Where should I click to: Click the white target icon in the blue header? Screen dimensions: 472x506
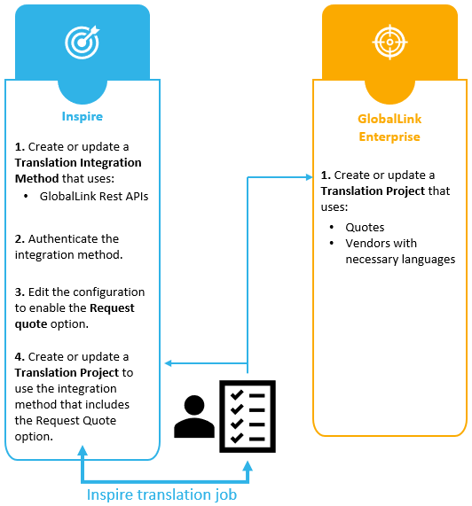pos(82,42)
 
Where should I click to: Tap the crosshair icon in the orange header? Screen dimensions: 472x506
pos(389,42)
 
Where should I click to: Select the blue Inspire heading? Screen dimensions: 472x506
pos(82,116)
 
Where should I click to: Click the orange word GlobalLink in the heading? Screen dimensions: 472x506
pos(389,119)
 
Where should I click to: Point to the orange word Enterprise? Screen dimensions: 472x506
pos(389,136)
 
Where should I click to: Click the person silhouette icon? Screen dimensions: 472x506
pos(194,416)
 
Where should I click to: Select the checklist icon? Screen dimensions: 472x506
pos(248,416)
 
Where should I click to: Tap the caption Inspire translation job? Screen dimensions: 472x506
pos(161,494)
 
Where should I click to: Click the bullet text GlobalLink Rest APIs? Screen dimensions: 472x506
pos(94,196)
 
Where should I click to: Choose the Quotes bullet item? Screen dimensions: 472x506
pos(365,228)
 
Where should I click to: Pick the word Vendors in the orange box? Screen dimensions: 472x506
pos(364,244)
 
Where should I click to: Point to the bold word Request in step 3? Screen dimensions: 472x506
pos(112,308)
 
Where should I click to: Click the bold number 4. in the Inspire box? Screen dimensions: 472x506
pos(20,357)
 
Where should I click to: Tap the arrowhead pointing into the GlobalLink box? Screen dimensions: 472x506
pos(309,177)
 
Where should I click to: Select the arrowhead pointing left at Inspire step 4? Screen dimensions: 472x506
pos(169,363)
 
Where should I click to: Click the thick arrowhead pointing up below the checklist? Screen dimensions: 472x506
pos(248,467)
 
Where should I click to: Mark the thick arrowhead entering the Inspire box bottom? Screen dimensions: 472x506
pos(83,451)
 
